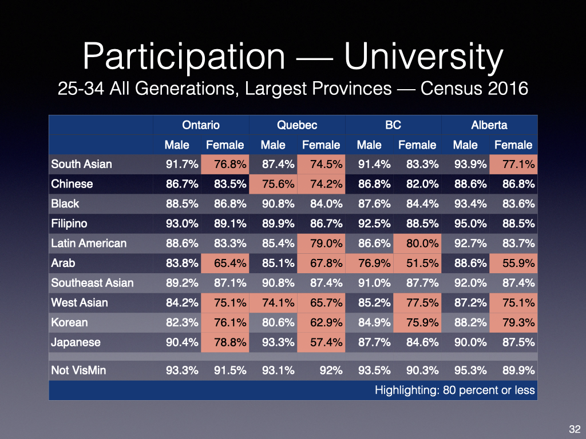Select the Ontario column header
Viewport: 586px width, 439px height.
[x=200, y=125]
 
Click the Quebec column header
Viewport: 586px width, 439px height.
[x=296, y=125]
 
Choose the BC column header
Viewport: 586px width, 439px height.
[x=393, y=125]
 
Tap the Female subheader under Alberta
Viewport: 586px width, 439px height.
[x=513, y=145]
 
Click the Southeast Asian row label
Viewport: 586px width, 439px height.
[x=92, y=283]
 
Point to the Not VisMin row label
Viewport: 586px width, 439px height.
[x=78, y=370]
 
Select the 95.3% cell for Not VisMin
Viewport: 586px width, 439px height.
[x=465, y=370]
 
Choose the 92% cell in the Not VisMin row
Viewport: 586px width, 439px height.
[x=331, y=370]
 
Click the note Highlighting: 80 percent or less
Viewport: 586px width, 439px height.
[x=454, y=390]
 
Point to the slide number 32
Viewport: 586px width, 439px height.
[x=575, y=429]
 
